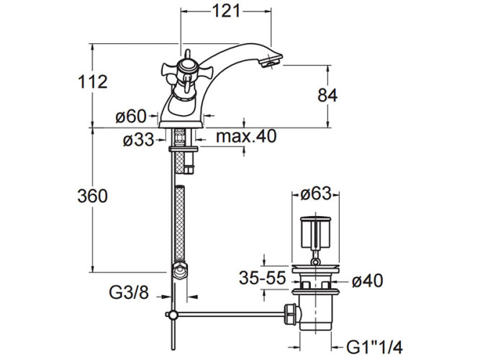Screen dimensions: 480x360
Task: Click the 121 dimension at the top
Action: [226, 12]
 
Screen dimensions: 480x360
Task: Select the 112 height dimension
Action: [93, 82]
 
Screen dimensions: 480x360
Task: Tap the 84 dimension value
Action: [327, 95]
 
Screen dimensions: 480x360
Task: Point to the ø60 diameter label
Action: [131, 117]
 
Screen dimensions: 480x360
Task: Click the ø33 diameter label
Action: [138, 140]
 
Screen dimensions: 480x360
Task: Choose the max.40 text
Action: [246, 136]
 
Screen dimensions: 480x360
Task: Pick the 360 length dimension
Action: [92, 196]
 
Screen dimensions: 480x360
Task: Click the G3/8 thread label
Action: [129, 292]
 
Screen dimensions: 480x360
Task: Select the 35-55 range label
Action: [263, 278]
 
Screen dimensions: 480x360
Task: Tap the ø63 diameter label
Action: [316, 194]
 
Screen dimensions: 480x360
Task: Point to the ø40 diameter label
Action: [367, 281]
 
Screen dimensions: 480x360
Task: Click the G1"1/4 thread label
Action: [374, 348]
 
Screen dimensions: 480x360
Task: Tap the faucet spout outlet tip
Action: [271, 60]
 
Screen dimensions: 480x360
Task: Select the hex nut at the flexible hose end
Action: [180, 269]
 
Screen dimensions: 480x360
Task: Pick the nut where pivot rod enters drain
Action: [291, 315]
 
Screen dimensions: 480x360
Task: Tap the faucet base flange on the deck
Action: [181, 124]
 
